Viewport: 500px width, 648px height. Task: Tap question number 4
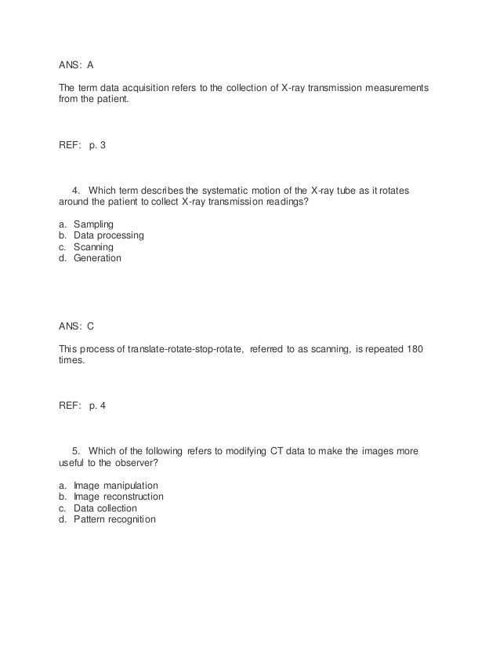point(76,191)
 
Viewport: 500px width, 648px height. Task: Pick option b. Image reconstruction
point(118,497)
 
